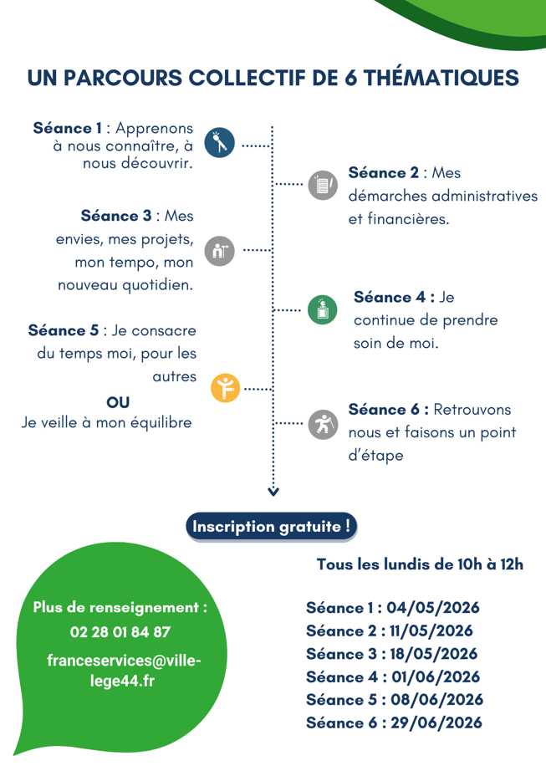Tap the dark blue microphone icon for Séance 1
pos(220,143)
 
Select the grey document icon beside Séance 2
pos(322,185)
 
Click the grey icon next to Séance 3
pos(219,250)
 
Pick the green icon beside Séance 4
pos(322,309)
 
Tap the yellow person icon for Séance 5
pos(225,387)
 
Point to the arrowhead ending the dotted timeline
pos(273,490)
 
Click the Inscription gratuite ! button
pos(272,527)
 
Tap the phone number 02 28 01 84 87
pos(120,632)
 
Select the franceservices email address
pos(124,670)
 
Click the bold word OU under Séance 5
pos(118,402)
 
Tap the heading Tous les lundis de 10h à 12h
pos(420,564)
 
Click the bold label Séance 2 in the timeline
pos(384,173)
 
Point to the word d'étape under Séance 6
pos(375,456)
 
